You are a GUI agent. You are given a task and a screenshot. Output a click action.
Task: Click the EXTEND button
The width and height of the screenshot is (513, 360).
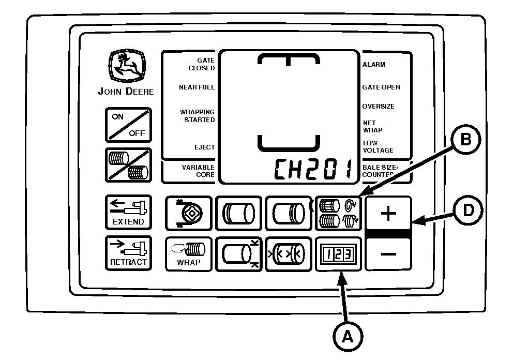pyautogui.click(x=128, y=213)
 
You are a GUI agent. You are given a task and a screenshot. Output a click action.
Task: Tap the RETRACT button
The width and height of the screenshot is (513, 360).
pyautogui.click(x=128, y=253)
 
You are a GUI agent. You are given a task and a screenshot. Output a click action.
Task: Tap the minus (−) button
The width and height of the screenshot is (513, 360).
pyautogui.click(x=388, y=254)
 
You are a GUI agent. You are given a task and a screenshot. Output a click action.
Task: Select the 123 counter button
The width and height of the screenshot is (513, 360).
pyautogui.click(x=338, y=254)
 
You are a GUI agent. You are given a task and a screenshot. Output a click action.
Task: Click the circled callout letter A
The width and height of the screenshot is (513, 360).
pyautogui.click(x=348, y=336)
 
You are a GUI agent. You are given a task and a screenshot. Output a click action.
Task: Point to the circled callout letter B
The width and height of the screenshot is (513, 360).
pyautogui.click(x=466, y=140)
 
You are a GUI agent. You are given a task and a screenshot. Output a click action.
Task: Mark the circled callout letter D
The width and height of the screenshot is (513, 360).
pyautogui.click(x=469, y=210)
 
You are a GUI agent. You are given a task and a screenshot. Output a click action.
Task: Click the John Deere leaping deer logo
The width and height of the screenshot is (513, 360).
pyautogui.click(x=127, y=66)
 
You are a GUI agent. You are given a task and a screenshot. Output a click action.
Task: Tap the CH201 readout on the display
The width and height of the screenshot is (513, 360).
pyautogui.click(x=313, y=169)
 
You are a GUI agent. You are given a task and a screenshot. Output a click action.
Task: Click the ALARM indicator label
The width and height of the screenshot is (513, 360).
pyautogui.click(x=373, y=65)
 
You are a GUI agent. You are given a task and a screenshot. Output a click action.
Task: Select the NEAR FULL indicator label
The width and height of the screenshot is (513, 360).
pyautogui.click(x=197, y=87)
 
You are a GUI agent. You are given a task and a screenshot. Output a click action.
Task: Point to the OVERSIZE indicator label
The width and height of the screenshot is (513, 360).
pyautogui.click(x=378, y=107)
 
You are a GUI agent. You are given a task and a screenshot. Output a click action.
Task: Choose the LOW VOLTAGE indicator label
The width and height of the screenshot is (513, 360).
pyautogui.click(x=378, y=146)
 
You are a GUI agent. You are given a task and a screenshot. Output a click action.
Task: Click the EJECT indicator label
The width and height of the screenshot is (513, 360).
pyautogui.click(x=204, y=147)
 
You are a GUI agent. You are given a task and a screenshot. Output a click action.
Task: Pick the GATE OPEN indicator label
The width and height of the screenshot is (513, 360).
pyautogui.click(x=381, y=87)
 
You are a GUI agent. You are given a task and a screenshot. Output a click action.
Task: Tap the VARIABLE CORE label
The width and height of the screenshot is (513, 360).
pyautogui.click(x=198, y=171)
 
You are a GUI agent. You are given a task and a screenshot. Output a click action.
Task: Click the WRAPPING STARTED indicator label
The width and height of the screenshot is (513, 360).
pyautogui.click(x=197, y=116)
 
